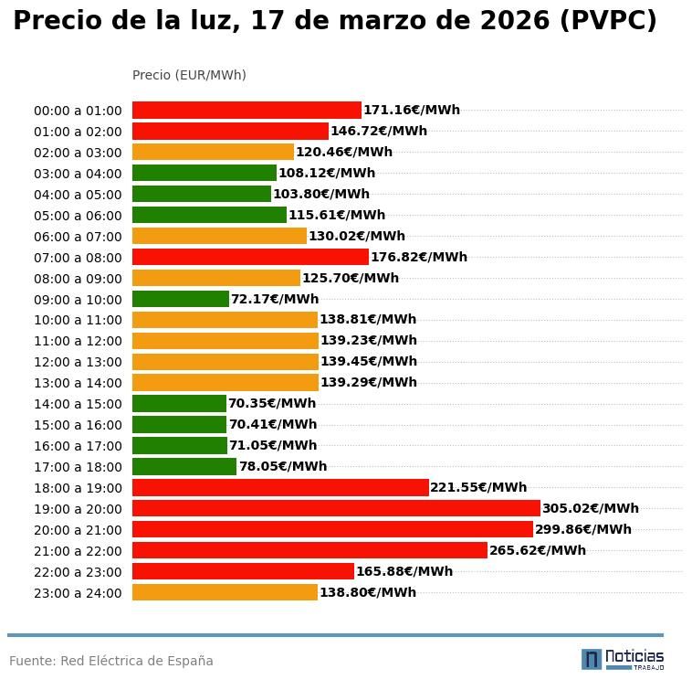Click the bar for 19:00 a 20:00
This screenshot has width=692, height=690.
click(336, 508)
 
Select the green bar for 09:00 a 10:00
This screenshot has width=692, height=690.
click(181, 299)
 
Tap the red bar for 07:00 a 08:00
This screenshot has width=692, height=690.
click(250, 257)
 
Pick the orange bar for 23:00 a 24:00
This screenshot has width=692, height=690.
click(225, 592)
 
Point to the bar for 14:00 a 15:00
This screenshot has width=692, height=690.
click(179, 403)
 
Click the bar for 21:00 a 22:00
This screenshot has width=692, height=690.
click(309, 550)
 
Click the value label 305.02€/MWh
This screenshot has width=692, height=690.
click(591, 508)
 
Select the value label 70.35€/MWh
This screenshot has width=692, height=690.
click(272, 403)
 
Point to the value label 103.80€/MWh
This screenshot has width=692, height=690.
click(321, 194)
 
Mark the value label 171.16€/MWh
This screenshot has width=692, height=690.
click(412, 110)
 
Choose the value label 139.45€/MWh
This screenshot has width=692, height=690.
click(369, 361)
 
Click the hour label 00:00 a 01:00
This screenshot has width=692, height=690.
click(78, 111)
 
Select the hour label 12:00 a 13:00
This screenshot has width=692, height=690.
click(78, 362)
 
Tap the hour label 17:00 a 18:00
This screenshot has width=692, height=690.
click(78, 467)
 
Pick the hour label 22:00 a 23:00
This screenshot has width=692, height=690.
click(78, 572)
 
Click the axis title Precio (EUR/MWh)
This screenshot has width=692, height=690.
click(189, 75)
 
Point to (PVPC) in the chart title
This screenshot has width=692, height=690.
click(608, 21)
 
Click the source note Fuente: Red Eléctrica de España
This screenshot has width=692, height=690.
click(111, 661)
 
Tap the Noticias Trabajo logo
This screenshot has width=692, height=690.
click(623, 659)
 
